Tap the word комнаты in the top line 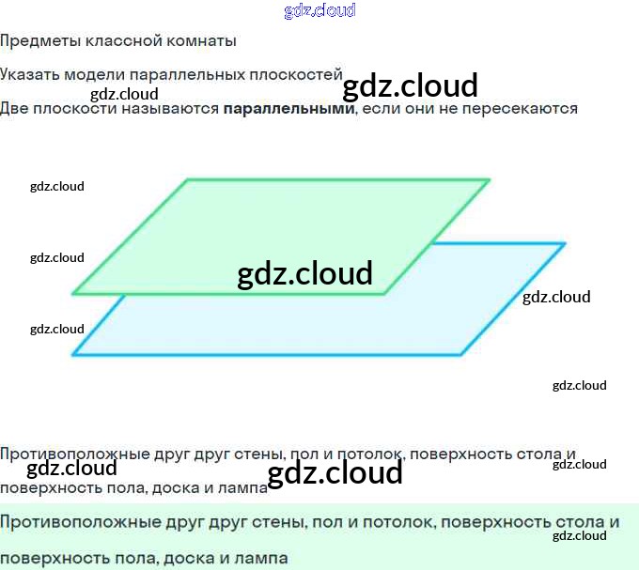(x=201, y=41)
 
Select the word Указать (x=30, y=75)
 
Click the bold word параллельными (x=288, y=108)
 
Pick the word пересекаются (x=526, y=108)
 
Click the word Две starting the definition (x=14, y=108)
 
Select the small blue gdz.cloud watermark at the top (x=319, y=11)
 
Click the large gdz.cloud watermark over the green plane (x=305, y=273)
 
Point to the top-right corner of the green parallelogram (x=490, y=179)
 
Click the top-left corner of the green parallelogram (x=188, y=179)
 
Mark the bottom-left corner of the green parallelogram (x=73, y=294)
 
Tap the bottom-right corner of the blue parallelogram (x=461, y=355)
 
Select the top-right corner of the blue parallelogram (x=565, y=244)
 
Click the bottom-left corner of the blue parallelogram (x=73, y=355)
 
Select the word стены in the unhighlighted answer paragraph (x=257, y=454)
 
